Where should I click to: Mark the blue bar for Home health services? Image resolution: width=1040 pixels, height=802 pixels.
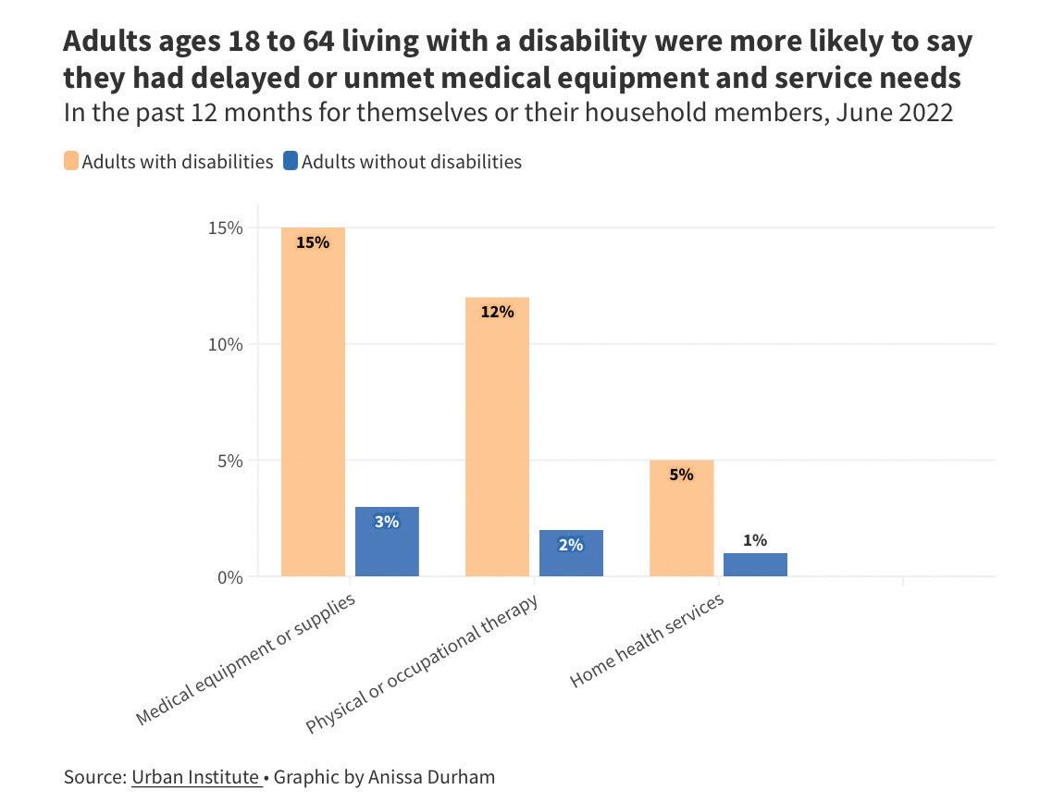point(755,565)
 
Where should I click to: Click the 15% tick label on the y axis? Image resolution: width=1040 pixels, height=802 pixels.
point(225,228)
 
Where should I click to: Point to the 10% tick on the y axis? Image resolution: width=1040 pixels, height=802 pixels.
point(225,344)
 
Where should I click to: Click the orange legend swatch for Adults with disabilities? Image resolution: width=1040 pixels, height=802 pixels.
point(71,162)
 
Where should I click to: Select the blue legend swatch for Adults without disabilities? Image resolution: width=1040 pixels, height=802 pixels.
point(291,162)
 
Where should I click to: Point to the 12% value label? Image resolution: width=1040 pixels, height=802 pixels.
point(497,312)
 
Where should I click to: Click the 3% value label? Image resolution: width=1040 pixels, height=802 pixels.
point(387,522)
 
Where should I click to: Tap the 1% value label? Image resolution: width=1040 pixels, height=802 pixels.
point(755,540)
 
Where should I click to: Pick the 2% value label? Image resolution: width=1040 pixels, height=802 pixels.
point(571,545)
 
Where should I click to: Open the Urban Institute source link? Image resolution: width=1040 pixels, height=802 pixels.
point(195,777)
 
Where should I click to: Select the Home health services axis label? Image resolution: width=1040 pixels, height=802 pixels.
point(647,641)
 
